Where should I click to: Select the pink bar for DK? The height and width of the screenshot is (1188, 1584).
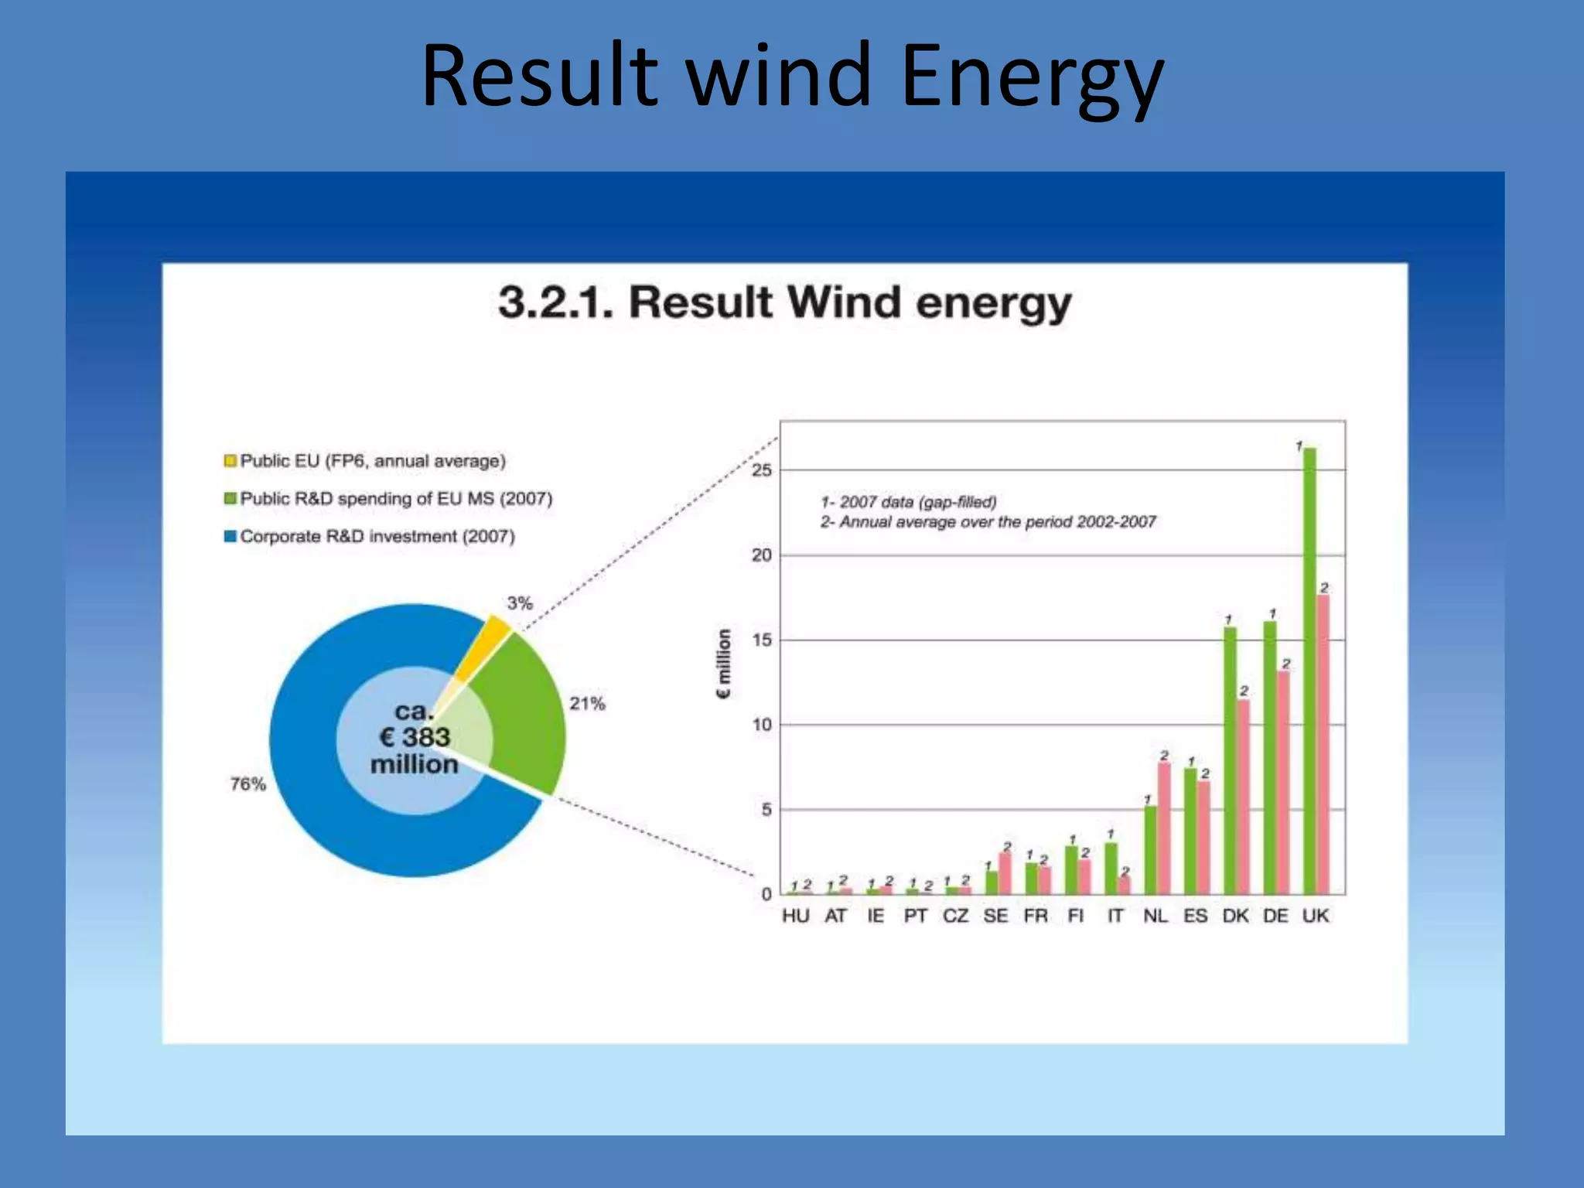point(1244,797)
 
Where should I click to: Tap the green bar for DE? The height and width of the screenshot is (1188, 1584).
point(1270,758)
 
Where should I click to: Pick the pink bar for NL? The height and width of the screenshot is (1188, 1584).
point(1164,828)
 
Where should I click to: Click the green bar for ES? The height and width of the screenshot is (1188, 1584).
point(1190,831)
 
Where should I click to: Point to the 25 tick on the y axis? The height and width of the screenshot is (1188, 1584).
point(762,470)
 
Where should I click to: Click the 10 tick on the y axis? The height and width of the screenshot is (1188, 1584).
point(762,725)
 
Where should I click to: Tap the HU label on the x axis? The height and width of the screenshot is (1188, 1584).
point(795,916)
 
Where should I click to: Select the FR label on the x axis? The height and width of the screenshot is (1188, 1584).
point(1036,916)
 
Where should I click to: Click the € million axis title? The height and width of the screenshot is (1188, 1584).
point(724,664)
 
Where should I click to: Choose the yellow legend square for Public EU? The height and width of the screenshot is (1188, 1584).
point(230,461)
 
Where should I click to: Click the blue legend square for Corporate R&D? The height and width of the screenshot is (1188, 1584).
point(230,536)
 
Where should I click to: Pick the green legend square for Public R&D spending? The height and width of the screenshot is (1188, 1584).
point(230,498)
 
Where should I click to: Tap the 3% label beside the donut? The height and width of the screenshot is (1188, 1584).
point(520,603)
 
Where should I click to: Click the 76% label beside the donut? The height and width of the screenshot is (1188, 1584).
point(247,784)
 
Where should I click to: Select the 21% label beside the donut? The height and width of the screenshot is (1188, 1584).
point(587,704)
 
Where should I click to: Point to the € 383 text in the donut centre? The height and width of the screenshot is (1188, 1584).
point(415,737)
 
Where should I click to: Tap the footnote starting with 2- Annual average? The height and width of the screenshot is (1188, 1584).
point(988,522)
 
